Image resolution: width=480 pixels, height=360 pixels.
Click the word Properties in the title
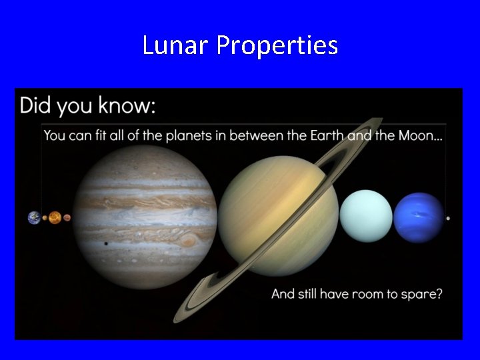coord(277,46)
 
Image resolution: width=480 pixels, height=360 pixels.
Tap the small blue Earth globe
coord(34,217)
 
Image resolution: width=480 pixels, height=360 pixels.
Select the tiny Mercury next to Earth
coord(45,218)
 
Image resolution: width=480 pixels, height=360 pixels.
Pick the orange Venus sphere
coord(55,217)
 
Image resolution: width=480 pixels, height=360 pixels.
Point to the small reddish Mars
coord(67,217)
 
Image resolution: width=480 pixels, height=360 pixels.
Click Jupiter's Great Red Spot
coord(189,239)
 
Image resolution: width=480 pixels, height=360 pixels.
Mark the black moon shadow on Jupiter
coord(106,244)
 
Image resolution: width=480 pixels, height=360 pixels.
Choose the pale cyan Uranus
coord(365,215)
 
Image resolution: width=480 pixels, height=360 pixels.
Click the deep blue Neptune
coord(419,217)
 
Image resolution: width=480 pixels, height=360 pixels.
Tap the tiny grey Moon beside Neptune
coord(448,218)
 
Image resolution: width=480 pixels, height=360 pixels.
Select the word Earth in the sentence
coord(327,136)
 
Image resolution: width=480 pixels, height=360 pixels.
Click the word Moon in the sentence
coord(417,136)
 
